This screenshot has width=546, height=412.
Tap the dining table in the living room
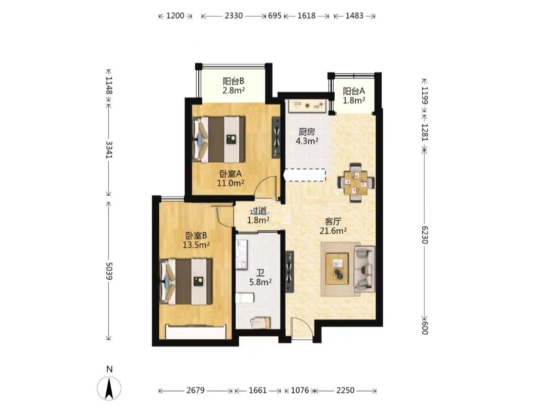coord(356,183)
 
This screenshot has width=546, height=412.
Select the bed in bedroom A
coord(219,139)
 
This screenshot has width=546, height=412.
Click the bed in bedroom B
coord(186,281)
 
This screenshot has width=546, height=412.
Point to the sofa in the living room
coord(365,269)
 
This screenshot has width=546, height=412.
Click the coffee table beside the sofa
coord(337,269)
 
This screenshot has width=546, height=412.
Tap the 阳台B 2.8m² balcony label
coord(233,85)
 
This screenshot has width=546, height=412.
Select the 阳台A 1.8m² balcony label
coord(354,95)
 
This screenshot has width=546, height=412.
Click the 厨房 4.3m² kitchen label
coord(307,136)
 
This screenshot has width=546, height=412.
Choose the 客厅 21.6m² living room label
coord(333,226)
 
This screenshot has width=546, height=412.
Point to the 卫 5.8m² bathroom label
coord(260,278)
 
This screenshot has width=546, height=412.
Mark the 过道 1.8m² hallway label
coord(258,215)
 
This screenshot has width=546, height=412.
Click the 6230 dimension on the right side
coord(425,235)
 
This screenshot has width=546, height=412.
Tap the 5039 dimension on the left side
coord(109,271)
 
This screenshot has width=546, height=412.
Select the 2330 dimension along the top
coord(234,16)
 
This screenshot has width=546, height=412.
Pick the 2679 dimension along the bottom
coord(195,390)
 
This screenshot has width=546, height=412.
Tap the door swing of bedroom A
coord(267,188)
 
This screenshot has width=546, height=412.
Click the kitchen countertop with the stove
coord(307,106)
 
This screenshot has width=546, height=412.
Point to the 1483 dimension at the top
coord(354,16)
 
